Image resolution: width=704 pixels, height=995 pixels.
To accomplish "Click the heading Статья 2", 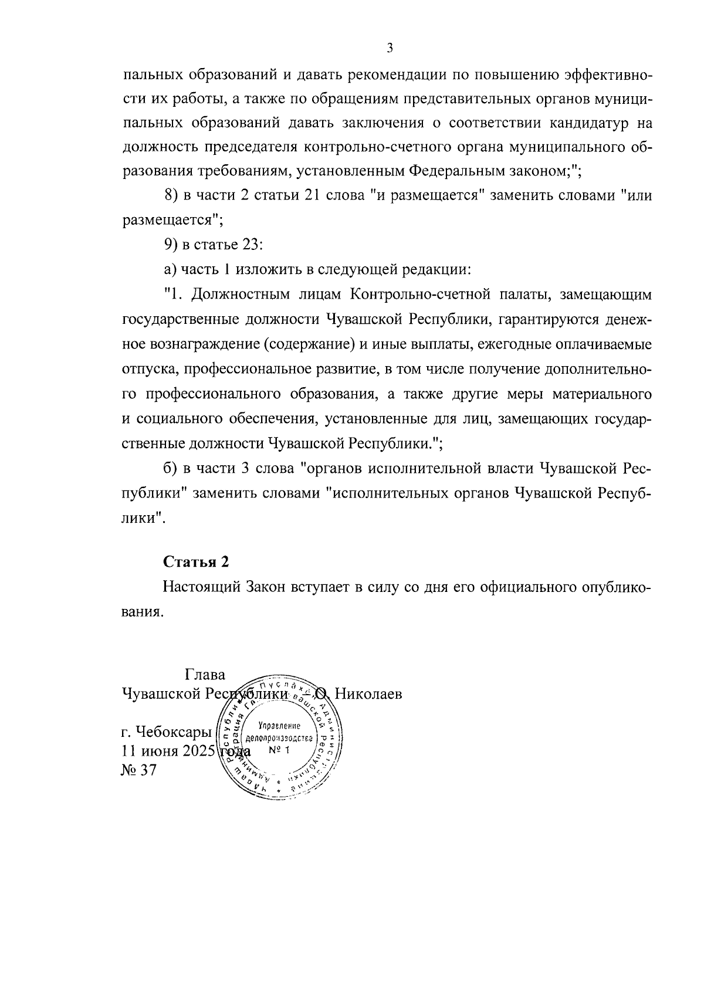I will click(195, 561).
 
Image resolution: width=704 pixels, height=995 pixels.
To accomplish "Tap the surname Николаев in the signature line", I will click(368, 695).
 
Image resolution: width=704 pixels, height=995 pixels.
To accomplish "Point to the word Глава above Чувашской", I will click(205, 675).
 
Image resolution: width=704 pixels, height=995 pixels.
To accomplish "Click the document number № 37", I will click(138, 770).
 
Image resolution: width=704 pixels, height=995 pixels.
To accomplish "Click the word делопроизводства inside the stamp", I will click(279, 738).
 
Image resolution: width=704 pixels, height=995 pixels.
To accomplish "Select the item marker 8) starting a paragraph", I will click(171, 195).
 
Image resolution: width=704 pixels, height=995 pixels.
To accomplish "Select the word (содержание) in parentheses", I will click(309, 344).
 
